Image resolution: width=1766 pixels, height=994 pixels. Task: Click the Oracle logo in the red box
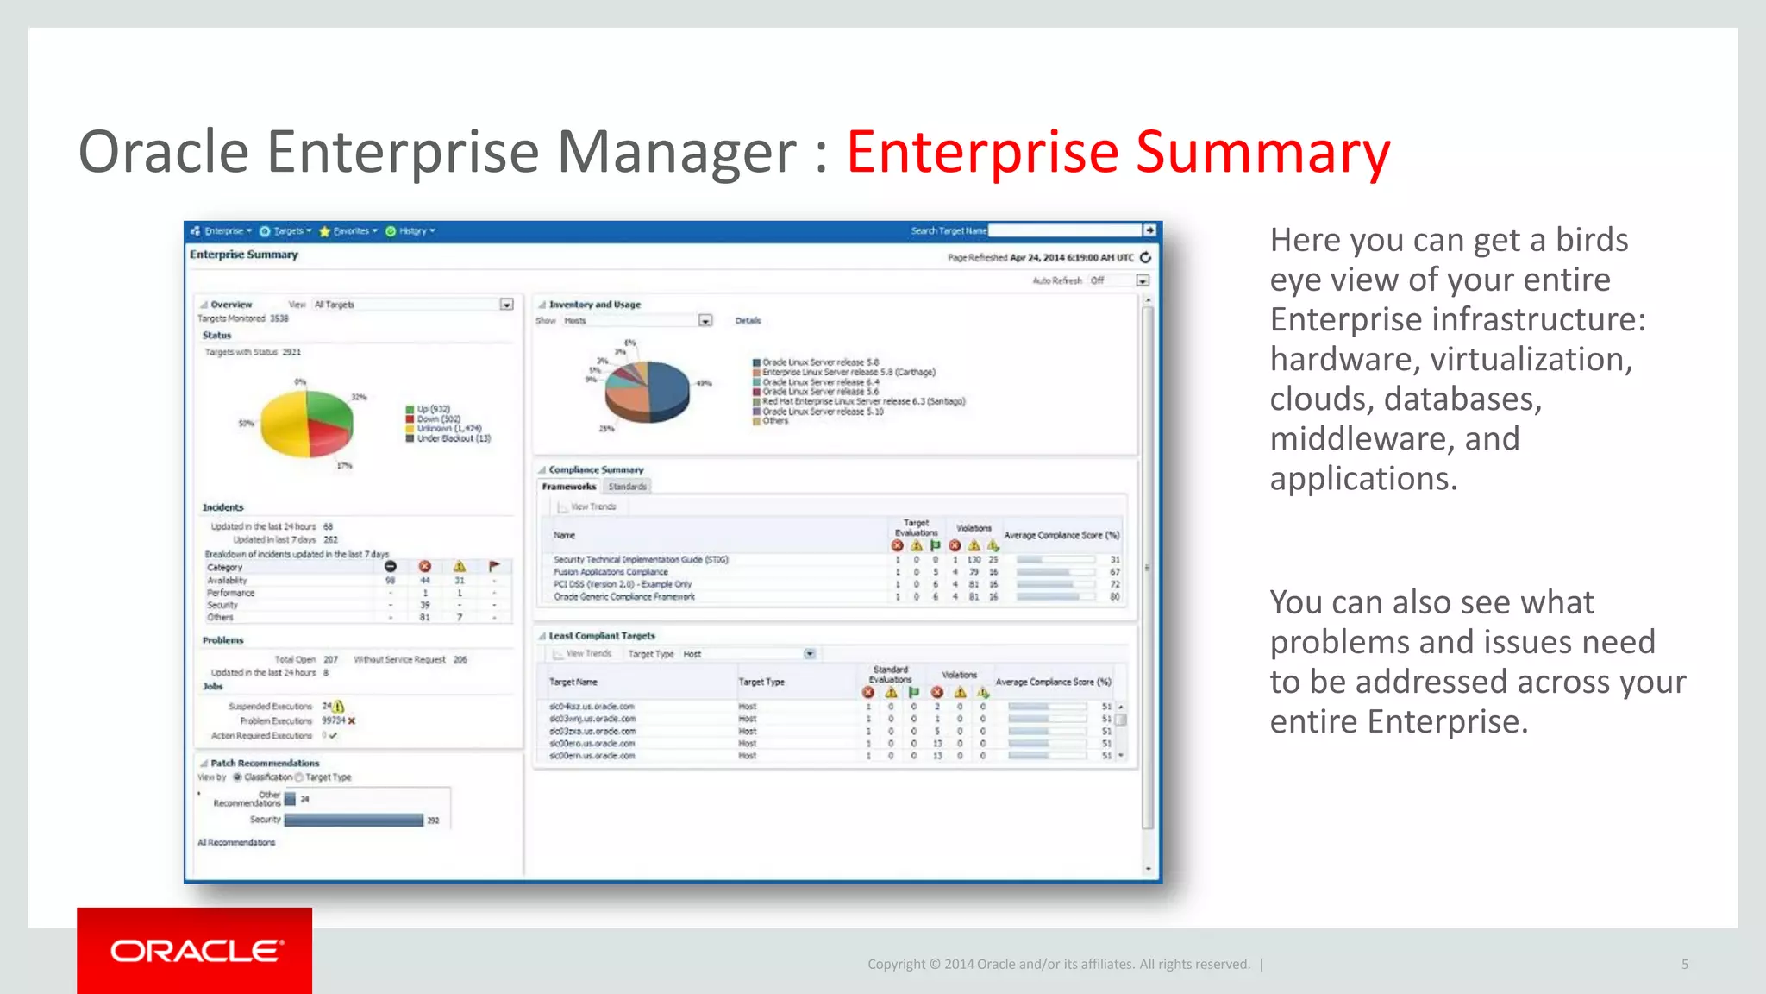196,951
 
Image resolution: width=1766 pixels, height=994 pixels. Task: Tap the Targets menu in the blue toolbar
286,231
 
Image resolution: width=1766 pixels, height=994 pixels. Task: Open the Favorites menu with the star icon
348,231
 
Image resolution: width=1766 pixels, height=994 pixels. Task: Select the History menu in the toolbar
410,231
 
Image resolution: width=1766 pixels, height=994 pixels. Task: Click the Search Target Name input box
1064,230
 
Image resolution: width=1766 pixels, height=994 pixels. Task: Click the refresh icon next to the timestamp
1146,257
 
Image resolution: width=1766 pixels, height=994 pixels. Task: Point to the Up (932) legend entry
433,409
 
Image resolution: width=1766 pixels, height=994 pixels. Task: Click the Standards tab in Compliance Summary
627,487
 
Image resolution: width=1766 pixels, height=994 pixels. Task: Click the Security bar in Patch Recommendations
354,820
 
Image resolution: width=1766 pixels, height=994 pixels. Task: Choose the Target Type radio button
299,777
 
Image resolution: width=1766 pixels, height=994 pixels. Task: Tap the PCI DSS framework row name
623,584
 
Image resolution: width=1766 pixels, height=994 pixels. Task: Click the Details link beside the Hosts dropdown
748,321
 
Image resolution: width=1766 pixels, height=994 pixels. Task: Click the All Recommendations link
236,842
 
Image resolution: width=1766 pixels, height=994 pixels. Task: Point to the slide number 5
1684,965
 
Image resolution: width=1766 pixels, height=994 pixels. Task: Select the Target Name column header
573,682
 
